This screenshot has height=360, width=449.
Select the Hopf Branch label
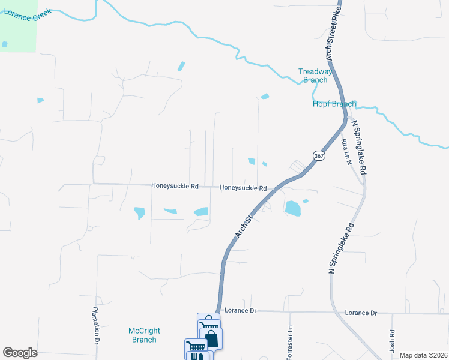[x=334, y=104]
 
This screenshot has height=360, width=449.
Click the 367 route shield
[x=319, y=155]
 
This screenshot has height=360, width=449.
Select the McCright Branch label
[x=143, y=335]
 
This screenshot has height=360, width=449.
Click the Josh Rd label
[x=392, y=341]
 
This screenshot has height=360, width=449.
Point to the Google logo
[x=20, y=353]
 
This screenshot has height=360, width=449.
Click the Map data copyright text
[x=423, y=355]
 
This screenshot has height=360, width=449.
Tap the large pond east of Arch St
[x=293, y=208]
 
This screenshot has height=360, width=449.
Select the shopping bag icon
[x=212, y=339]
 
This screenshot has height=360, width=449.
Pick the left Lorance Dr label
[x=240, y=311]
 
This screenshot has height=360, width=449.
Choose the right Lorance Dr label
[x=361, y=313]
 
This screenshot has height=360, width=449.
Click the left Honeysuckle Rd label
[x=175, y=186]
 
